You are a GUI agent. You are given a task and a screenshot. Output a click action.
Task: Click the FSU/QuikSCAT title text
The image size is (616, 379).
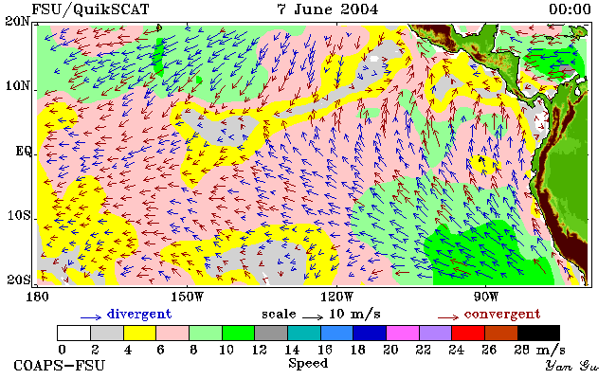point(90,9)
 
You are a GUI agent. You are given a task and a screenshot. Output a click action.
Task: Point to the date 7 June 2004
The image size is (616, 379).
point(327,9)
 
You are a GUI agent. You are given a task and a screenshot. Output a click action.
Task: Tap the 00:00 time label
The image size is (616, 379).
point(570,9)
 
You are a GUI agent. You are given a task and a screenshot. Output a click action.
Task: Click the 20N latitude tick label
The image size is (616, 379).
point(17,21)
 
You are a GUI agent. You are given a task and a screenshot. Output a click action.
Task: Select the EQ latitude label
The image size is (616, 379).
point(23,152)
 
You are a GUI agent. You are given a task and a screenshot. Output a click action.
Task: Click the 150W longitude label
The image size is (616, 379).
point(188,297)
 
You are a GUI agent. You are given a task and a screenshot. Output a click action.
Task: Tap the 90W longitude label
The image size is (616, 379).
point(485,297)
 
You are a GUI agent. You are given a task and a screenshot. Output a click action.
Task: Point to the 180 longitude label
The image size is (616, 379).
point(37,297)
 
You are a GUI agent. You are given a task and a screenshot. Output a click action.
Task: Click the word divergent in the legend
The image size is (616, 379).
point(139,315)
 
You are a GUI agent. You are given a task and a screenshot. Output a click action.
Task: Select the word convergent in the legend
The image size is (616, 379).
point(502,315)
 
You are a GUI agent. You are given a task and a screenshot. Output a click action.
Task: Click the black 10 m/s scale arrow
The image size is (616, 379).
point(313,316)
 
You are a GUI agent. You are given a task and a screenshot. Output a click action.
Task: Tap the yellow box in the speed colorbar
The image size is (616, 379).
point(140,334)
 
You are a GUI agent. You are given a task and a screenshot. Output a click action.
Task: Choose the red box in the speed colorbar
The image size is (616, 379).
point(468,334)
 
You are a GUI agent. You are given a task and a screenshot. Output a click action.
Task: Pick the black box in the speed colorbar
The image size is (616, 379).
point(538,334)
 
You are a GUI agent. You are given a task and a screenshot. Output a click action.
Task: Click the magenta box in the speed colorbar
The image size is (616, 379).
point(403,334)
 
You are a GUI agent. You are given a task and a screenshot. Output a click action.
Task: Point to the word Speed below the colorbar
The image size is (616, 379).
point(308,363)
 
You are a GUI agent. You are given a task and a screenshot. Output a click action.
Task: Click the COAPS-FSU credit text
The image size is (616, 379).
point(60,366)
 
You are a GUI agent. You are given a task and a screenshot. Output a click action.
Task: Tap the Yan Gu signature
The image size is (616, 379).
point(572,366)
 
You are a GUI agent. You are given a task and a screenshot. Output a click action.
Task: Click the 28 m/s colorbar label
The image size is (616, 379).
point(540,349)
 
